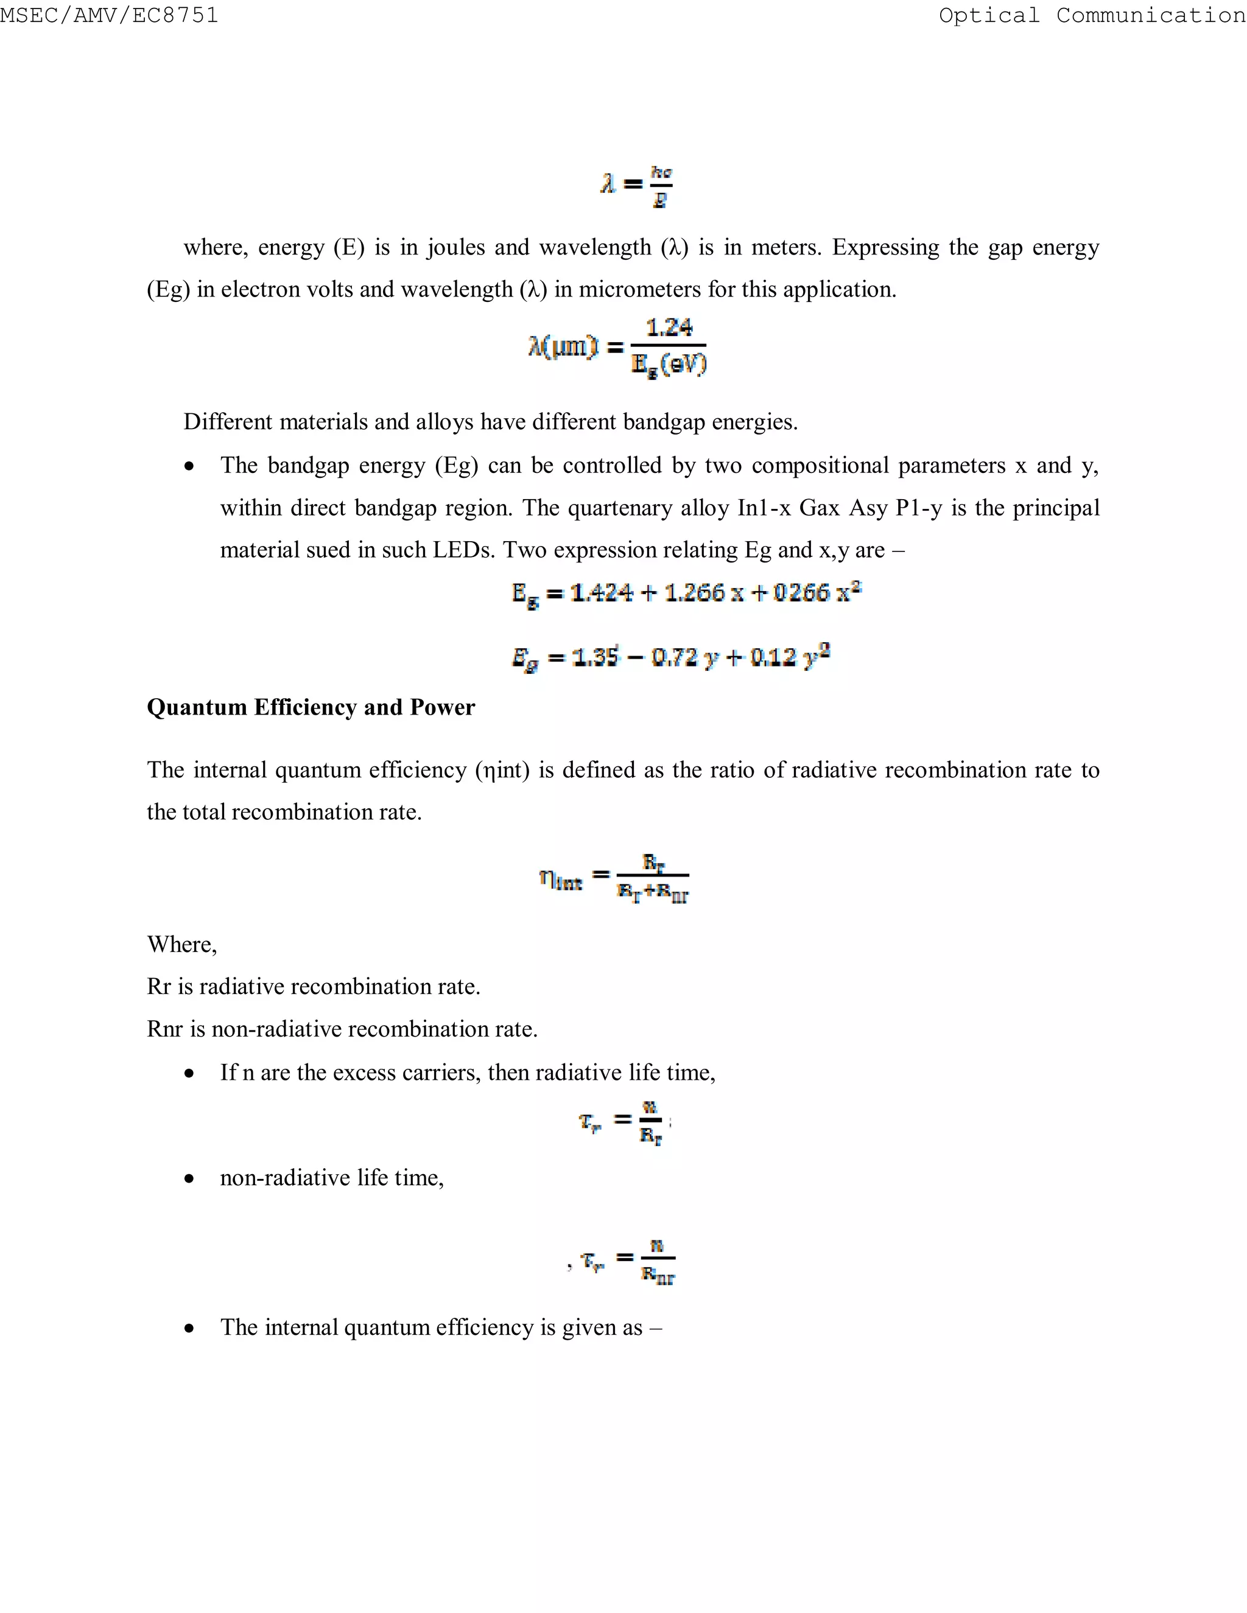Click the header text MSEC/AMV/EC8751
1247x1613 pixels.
coord(110,15)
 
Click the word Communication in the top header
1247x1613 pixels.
coord(1150,15)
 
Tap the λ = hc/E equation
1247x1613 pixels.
coord(637,186)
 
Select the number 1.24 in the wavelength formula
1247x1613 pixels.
coord(669,328)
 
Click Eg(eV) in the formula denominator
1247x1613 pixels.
coord(669,365)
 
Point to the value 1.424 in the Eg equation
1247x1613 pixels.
coord(602,593)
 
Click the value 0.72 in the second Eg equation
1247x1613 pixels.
coord(674,657)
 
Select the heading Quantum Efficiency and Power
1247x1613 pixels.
coord(311,707)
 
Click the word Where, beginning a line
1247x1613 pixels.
coord(181,945)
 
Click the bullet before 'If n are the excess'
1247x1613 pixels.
coord(190,1074)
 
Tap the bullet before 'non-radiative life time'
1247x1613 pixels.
coord(190,1179)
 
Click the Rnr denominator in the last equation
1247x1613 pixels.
coord(658,1275)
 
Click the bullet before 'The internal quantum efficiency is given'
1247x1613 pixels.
coord(190,1328)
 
